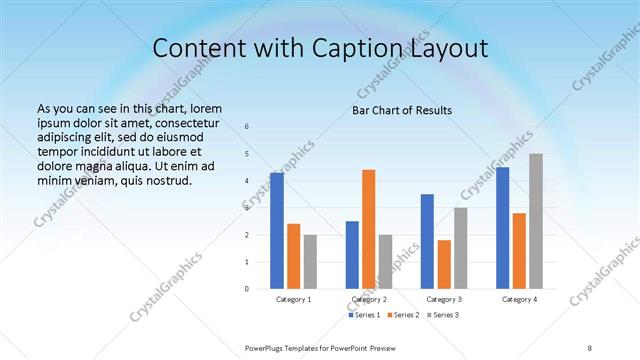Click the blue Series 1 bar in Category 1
tap(277, 231)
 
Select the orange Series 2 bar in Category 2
tap(369, 229)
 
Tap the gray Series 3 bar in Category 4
tap(536, 221)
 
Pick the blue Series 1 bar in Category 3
tap(427, 241)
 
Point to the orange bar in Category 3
tap(444, 264)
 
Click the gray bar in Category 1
tap(310, 262)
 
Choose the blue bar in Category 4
tap(503, 228)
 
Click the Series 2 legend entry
tap(403, 315)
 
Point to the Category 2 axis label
tap(369, 299)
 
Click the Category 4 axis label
tap(519, 299)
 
